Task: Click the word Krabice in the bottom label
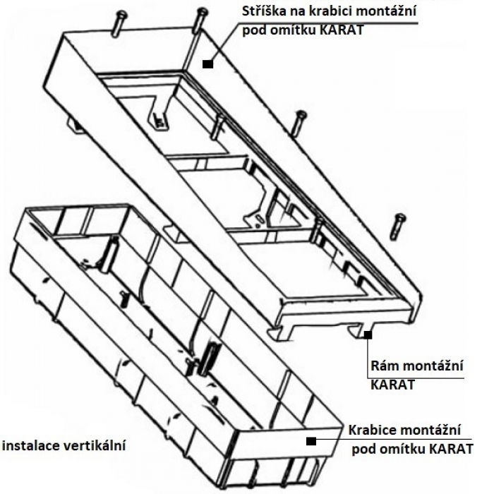click(x=375, y=430)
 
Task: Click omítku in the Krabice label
click(x=402, y=449)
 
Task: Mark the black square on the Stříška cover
click(x=207, y=64)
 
